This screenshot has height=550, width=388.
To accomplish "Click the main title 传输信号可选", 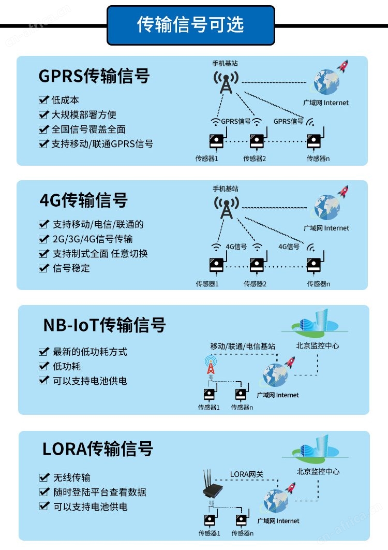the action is [x=190, y=24].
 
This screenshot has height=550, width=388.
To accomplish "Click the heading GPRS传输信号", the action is [x=94, y=76].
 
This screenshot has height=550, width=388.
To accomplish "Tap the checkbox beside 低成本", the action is [x=43, y=100].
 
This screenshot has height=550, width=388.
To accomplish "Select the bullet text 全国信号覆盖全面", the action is [x=88, y=129].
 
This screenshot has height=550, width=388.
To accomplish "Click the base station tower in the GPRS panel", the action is [x=226, y=82].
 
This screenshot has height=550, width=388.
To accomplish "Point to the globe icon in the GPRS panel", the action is [x=326, y=82].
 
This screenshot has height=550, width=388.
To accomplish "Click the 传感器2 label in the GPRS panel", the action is [x=255, y=158].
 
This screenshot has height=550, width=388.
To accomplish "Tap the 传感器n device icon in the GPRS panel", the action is [x=315, y=139].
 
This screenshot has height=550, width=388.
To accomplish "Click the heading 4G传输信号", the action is [x=83, y=200].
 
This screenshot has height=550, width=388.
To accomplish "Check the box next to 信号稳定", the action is [x=44, y=268].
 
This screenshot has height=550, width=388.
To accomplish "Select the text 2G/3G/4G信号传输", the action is [x=93, y=239].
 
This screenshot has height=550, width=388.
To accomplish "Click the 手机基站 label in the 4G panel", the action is [x=226, y=189].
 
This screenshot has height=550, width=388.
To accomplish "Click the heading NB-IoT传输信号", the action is [x=105, y=325].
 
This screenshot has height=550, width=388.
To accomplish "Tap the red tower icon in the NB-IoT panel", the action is [x=211, y=365].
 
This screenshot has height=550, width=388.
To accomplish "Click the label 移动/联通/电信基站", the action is [x=243, y=346].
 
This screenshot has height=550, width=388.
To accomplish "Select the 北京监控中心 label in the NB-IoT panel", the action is [x=318, y=346].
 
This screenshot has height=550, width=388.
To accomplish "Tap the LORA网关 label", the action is [x=246, y=474].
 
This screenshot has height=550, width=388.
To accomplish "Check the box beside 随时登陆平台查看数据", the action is [x=44, y=492].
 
